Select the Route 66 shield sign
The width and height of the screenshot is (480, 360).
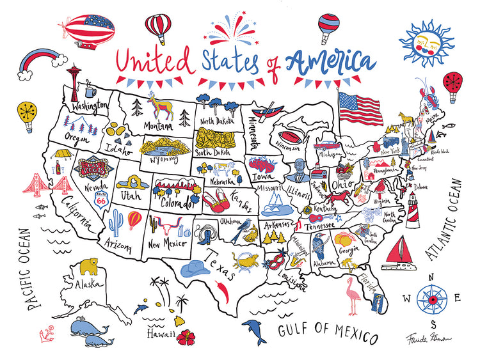(x=100, y=196)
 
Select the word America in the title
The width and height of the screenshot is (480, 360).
(x=330, y=62)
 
